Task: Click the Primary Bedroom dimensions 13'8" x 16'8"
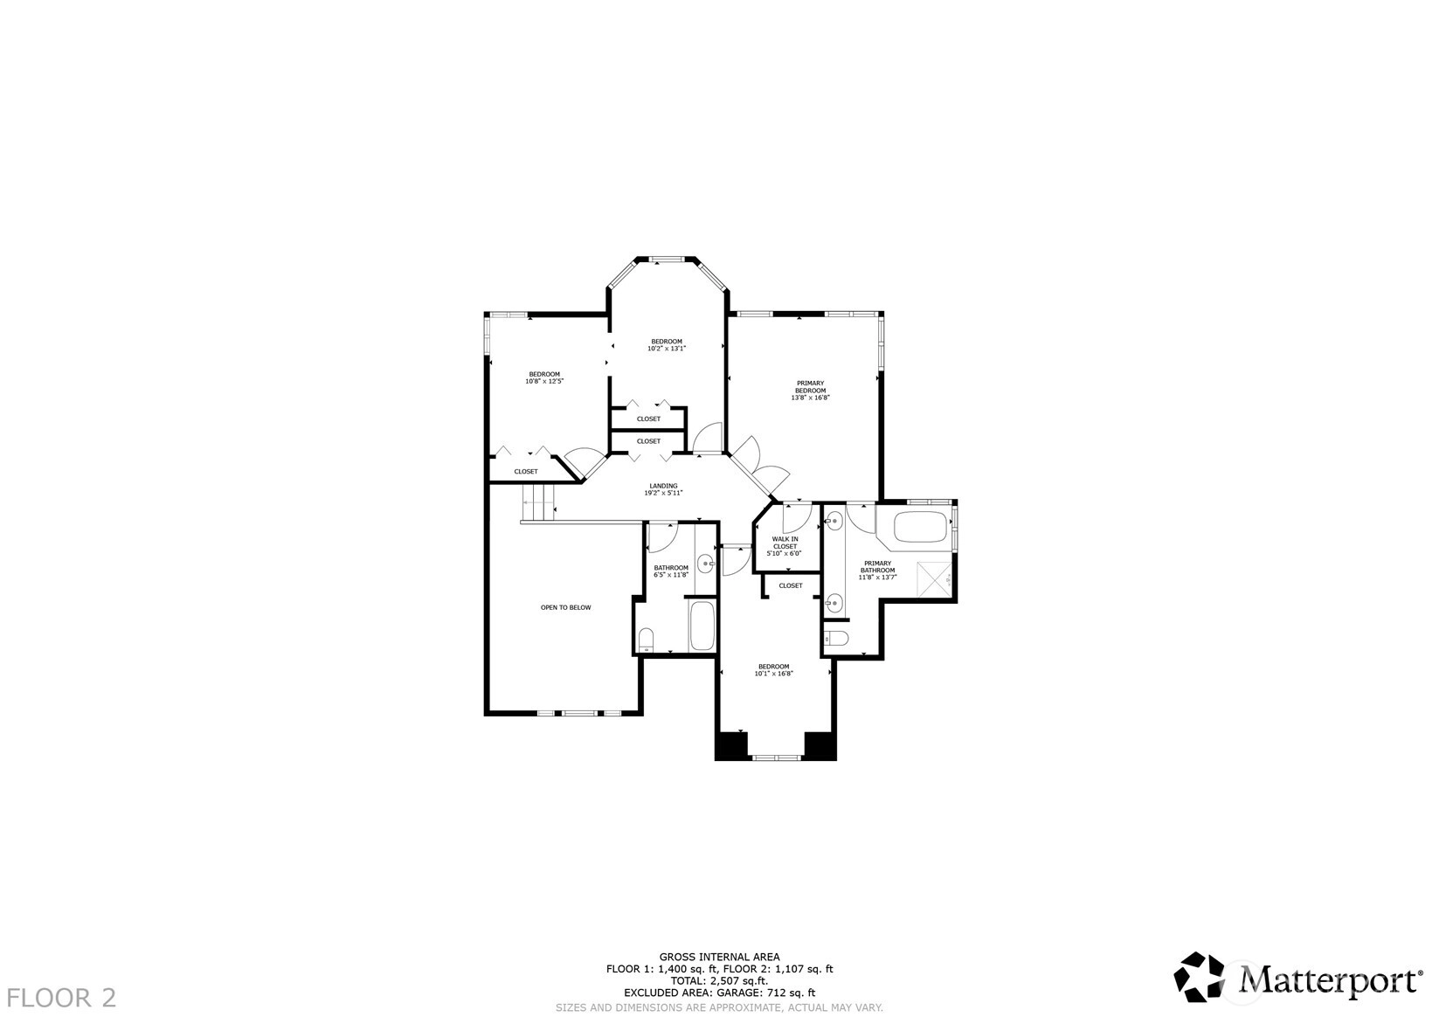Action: pos(810,398)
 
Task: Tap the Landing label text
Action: pos(663,486)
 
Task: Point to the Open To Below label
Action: pos(565,607)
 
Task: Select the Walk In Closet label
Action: pos(785,543)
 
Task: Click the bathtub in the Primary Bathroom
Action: pos(921,527)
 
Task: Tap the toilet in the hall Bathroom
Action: pos(646,640)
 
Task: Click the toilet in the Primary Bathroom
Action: pos(836,638)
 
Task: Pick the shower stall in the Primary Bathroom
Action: pos(934,579)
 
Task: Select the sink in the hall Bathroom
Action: pos(707,564)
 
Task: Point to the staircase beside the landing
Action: pos(538,503)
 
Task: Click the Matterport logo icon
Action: pos(1199,977)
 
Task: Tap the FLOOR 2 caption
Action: pos(62,998)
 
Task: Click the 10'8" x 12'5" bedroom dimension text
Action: pos(544,381)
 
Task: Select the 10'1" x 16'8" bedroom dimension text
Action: pos(773,674)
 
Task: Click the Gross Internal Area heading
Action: pos(720,957)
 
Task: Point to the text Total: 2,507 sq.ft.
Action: pos(720,980)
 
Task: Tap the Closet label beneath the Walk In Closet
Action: pos(790,585)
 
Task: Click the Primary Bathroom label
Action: pos(877,567)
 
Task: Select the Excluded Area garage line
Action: pos(720,993)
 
